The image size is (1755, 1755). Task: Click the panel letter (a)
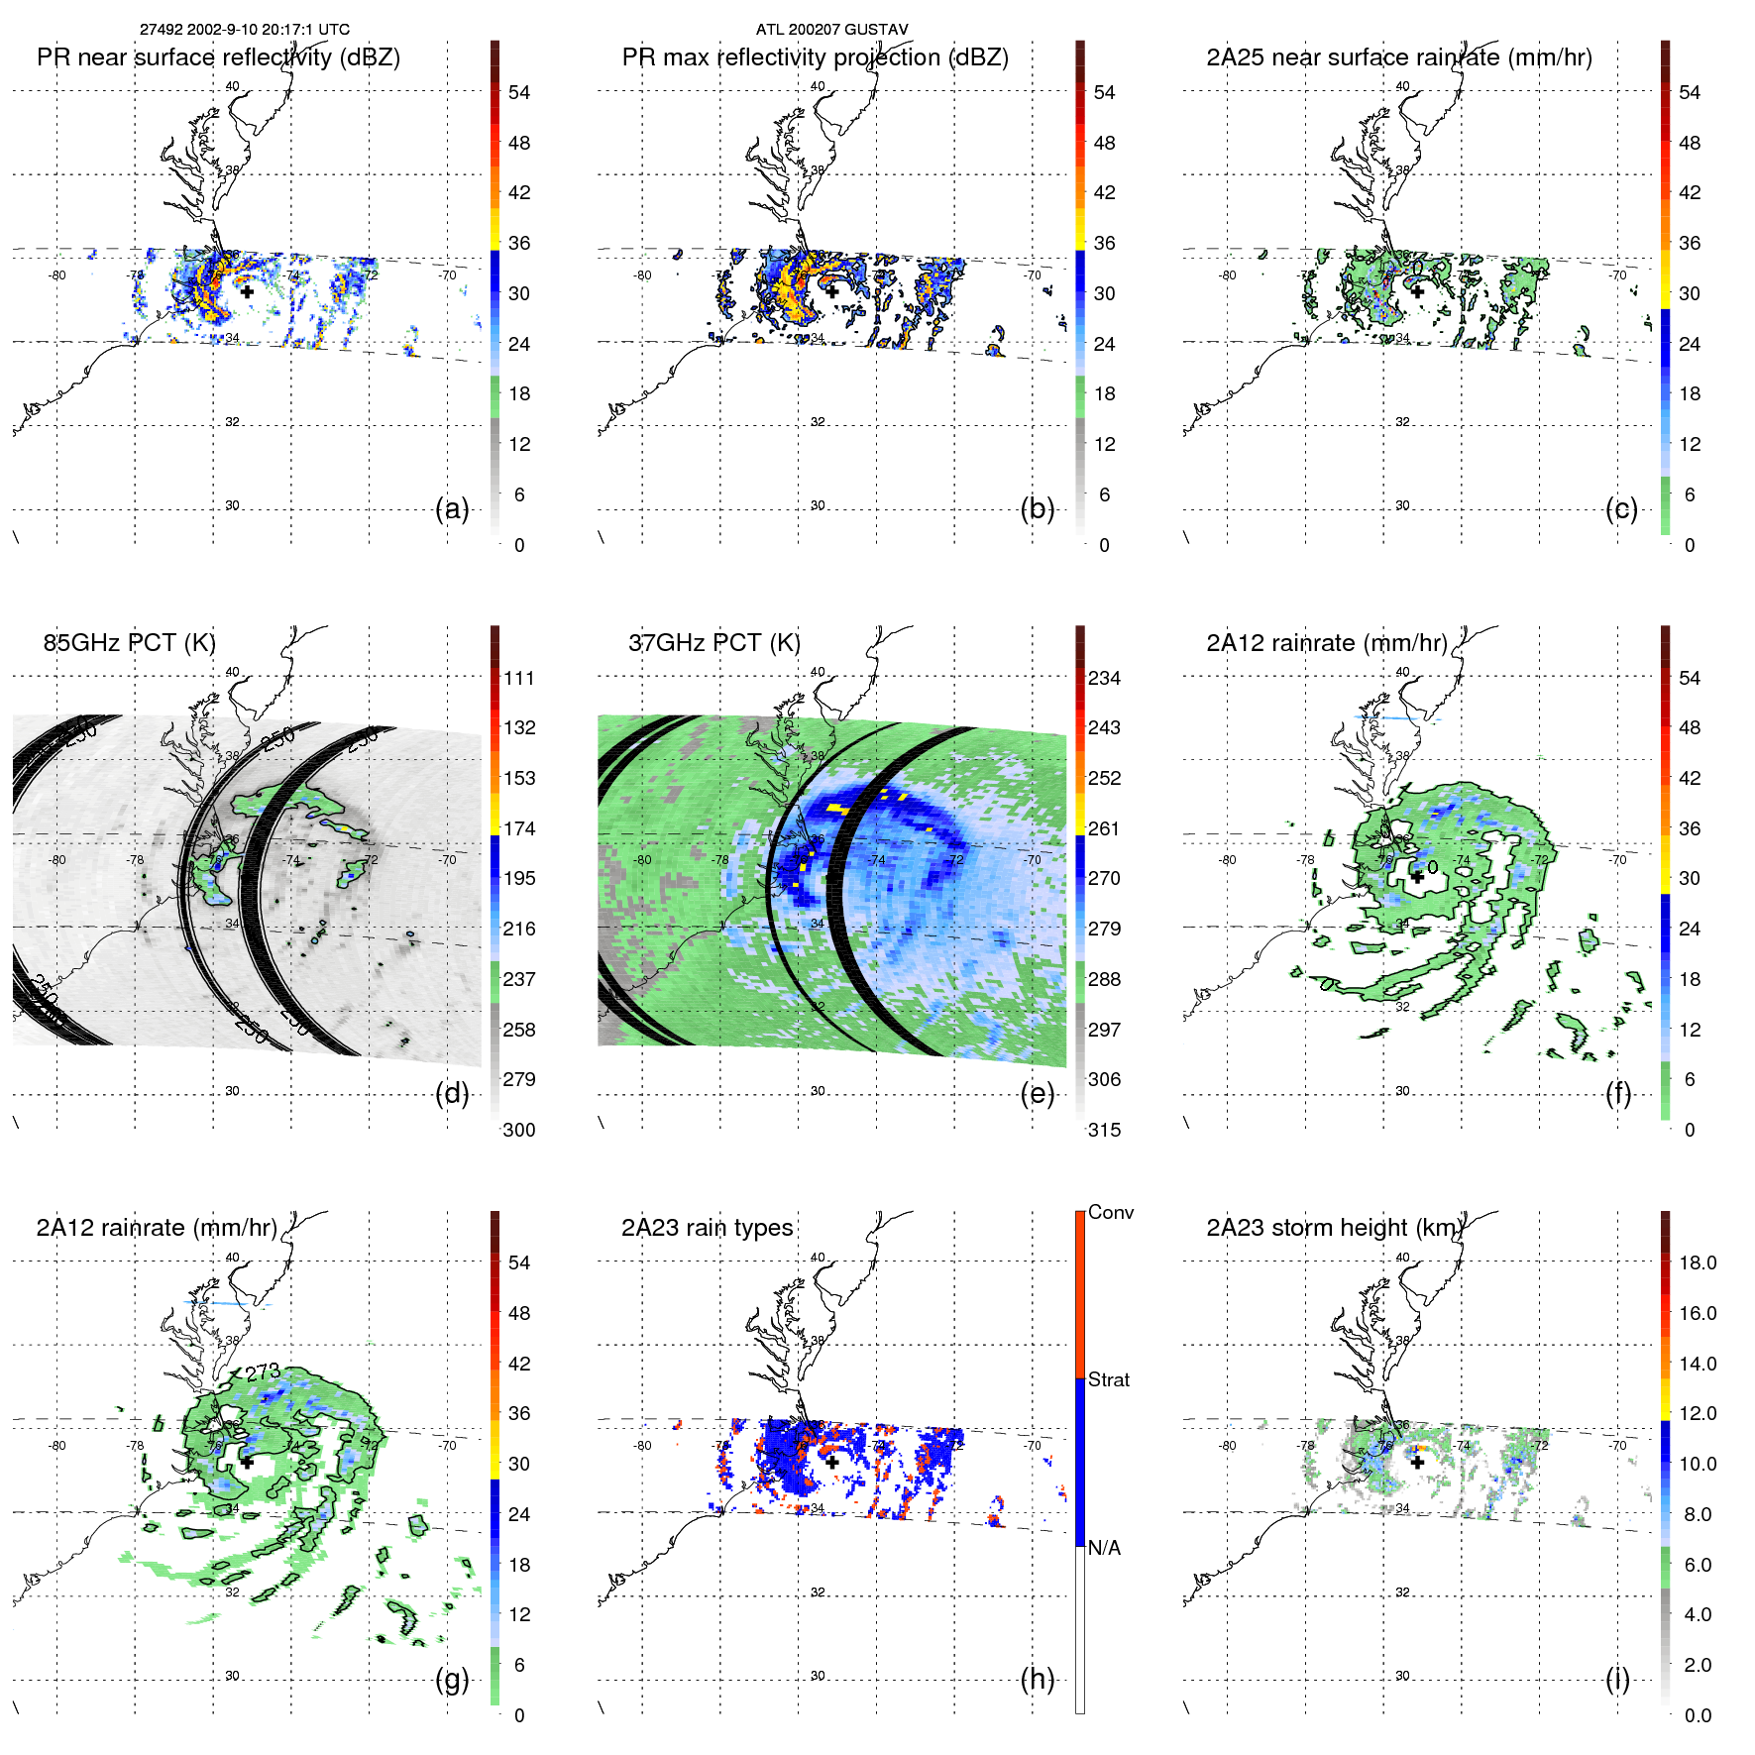tap(452, 509)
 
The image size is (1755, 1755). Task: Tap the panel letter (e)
tap(1038, 1094)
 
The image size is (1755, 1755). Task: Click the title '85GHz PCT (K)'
tap(129, 642)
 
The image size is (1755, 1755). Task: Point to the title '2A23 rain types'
tap(707, 1228)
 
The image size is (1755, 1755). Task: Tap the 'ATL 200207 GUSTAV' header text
tap(831, 30)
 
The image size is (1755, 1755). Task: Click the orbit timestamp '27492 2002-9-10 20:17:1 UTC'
tap(245, 30)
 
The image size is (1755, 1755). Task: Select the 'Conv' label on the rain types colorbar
tap(1111, 1213)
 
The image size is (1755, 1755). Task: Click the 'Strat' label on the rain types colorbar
tap(1109, 1380)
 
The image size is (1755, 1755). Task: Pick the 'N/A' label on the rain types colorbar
tap(1104, 1548)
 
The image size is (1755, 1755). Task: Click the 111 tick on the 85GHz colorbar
tap(519, 678)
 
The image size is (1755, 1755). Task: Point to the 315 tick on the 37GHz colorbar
tap(1104, 1130)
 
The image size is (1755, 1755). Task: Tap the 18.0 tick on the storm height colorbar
tap(1698, 1262)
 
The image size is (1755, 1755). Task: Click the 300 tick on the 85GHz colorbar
tap(519, 1130)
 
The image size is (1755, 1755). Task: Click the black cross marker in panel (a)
tap(247, 291)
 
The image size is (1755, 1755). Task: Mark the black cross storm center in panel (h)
tap(832, 1462)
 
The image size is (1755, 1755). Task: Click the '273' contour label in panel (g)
tap(263, 1371)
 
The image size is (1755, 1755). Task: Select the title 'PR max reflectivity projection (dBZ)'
tap(815, 57)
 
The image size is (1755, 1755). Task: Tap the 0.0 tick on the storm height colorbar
tap(1698, 1715)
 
